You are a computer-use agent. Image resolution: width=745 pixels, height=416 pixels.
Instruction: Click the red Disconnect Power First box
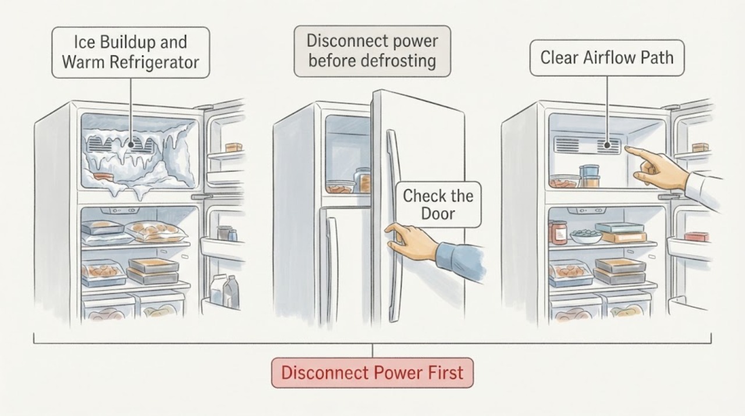[x=372, y=372]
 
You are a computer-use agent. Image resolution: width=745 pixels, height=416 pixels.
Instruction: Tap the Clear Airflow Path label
[x=607, y=58]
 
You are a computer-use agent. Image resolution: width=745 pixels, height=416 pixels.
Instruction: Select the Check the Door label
[x=438, y=204]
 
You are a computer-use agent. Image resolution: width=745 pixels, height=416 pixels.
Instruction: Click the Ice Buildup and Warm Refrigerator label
[x=131, y=52]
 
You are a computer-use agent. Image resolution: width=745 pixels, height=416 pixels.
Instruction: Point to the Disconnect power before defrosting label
[x=372, y=51]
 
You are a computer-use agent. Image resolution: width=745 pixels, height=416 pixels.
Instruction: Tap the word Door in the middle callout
[x=438, y=214]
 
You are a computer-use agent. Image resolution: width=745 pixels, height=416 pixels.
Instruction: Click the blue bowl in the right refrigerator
[x=586, y=236]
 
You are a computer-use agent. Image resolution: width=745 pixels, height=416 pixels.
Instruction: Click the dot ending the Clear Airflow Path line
[x=607, y=145]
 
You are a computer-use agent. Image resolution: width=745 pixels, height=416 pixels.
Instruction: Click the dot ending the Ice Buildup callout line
[x=131, y=145]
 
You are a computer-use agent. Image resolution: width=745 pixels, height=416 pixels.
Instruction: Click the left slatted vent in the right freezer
[x=566, y=145]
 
